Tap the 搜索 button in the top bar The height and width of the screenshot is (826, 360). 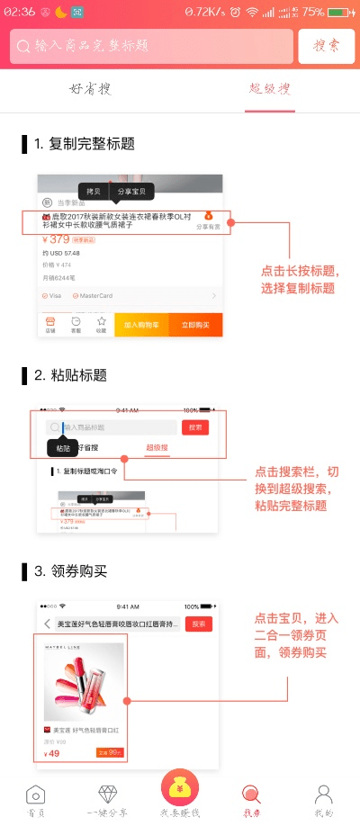pyautogui.click(x=326, y=46)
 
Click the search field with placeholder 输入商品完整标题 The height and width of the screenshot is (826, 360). pyautogui.click(x=153, y=46)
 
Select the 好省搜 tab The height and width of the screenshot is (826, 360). pyautogui.click(x=90, y=89)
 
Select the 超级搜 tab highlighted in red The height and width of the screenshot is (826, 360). pyautogui.click(x=270, y=89)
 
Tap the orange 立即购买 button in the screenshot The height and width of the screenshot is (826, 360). pyautogui.click(x=195, y=325)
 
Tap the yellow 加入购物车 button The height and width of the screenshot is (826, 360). pyautogui.click(x=141, y=325)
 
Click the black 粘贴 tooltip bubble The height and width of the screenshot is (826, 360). pyautogui.click(x=62, y=447)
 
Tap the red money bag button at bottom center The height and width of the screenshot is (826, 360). pyautogui.click(x=180, y=789)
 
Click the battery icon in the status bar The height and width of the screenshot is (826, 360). pyautogui.click(x=340, y=13)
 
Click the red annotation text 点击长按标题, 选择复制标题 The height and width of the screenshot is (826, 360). pyautogui.click(x=298, y=279)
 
